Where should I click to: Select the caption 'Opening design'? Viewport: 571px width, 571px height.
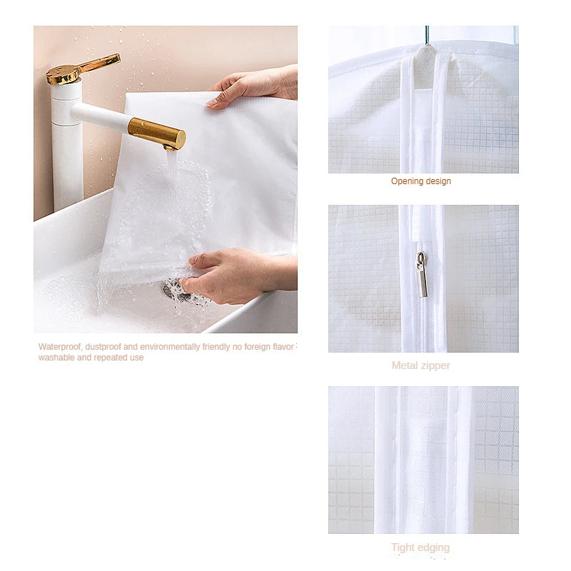coord(420,181)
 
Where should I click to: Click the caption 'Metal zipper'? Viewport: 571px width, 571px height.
coord(420,365)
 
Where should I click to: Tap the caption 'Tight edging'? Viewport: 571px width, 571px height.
coord(420,547)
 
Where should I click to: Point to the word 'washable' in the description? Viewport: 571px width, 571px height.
coord(56,358)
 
